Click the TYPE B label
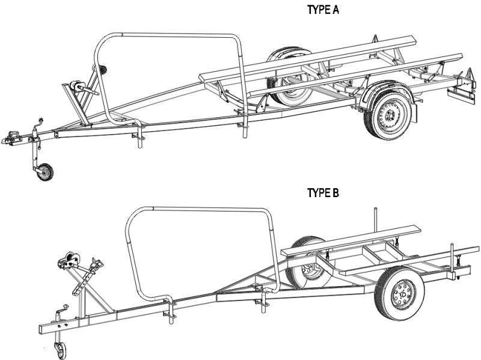coord(323,193)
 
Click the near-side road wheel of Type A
coord(390,114)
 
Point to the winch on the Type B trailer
coord(68,263)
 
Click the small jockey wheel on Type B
coord(61,349)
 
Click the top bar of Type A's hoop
coord(174,35)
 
